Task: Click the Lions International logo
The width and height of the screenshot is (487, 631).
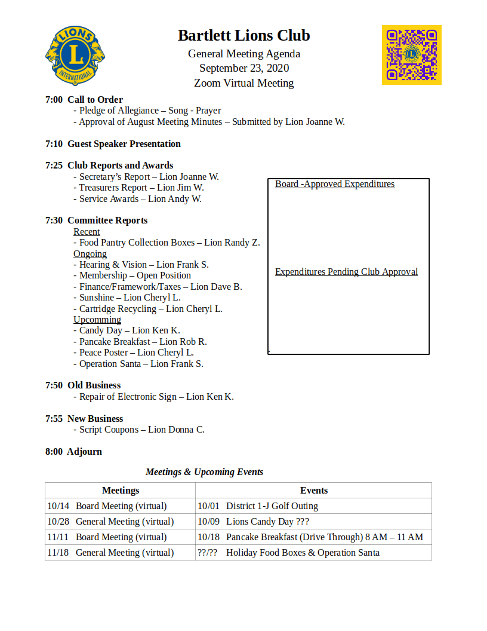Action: pyautogui.click(x=75, y=55)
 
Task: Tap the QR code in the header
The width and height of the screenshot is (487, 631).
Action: pyautogui.click(x=411, y=55)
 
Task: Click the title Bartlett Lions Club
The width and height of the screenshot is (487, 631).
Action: pyautogui.click(x=243, y=36)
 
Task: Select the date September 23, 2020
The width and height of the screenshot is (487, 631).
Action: pyautogui.click(x=243, y=68)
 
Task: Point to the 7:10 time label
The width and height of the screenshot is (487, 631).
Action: pyautogui.click(x=54, y=144)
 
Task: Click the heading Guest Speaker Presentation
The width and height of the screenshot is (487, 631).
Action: pyautogui.click(x=124, y=144)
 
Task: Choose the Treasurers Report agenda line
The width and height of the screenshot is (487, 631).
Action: pyautogui.click(x=141, y=188)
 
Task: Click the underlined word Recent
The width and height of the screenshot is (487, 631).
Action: pyautogui.click(x=87, y=232)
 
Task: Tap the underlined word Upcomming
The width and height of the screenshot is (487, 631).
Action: pyautogui.click(x=97, y=320)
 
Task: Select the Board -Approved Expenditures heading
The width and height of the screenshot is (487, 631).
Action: pyautogui.click(x=335, y=184)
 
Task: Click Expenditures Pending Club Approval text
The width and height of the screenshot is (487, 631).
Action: pyautogui.click(x=346, y=272)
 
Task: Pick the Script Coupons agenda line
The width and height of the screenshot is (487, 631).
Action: pyautogui.click(x=142, y=430)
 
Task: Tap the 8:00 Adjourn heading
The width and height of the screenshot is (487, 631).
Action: pyautogui.click(x=73, y=452)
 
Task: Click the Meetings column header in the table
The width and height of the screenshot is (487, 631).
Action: pyautogui.click(x=121, y=491)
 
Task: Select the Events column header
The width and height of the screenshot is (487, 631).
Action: pyautogui.click(x=314, y=491)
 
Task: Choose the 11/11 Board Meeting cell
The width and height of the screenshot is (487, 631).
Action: pyautogui.click(x=107, y=537)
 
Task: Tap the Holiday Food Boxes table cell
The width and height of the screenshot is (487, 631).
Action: pyautogui.click(x=303, y=553)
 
